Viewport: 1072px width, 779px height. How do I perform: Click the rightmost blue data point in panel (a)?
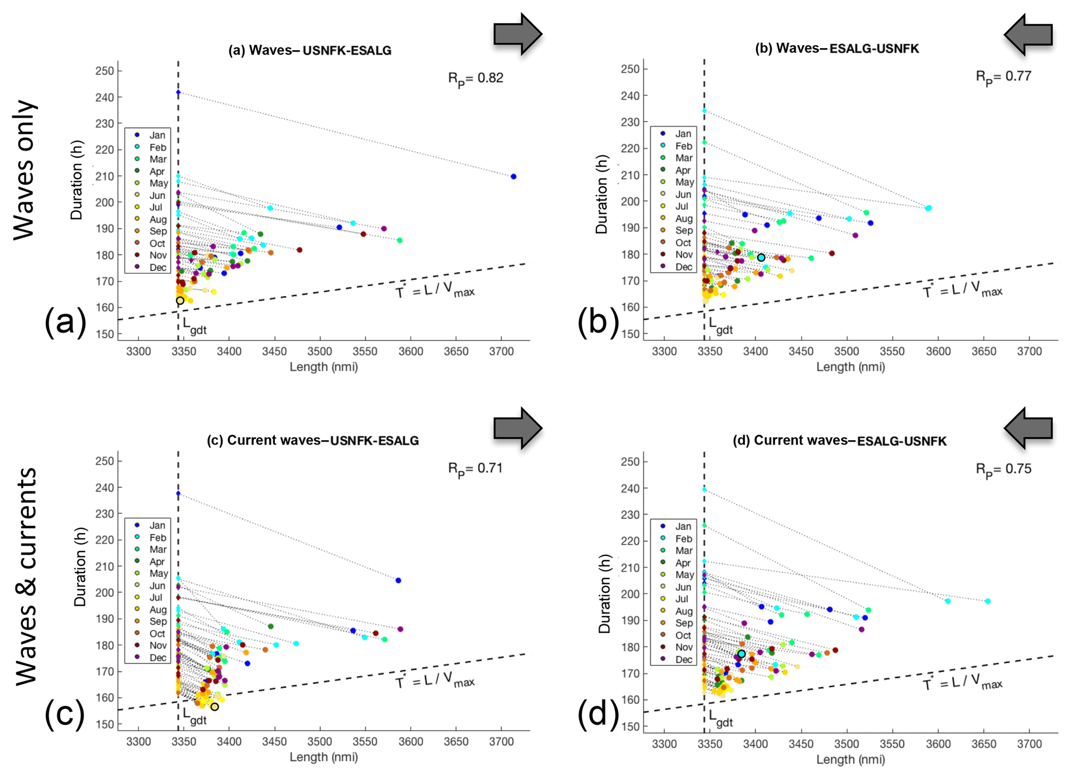tap(513, 177)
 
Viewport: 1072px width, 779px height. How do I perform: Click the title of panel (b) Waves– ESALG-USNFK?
tap(837, 49)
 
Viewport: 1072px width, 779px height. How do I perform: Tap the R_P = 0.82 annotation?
tap(476, 79)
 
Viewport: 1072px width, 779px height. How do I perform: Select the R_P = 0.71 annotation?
tap(476, 469)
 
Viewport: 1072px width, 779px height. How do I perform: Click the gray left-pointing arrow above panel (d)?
tap(1028, 428)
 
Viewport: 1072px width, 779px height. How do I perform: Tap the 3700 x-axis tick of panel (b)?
tap(1029, 352)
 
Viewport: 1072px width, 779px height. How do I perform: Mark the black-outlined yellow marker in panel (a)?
tap(180, 300)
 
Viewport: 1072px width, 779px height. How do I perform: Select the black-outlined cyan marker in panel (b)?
tap(761, 258)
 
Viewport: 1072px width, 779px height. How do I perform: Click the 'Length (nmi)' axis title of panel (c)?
tap(324, 757)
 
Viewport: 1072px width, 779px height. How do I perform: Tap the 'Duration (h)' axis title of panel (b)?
tap(602, 194)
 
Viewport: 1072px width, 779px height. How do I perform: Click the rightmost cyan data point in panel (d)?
tap(987, 602)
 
